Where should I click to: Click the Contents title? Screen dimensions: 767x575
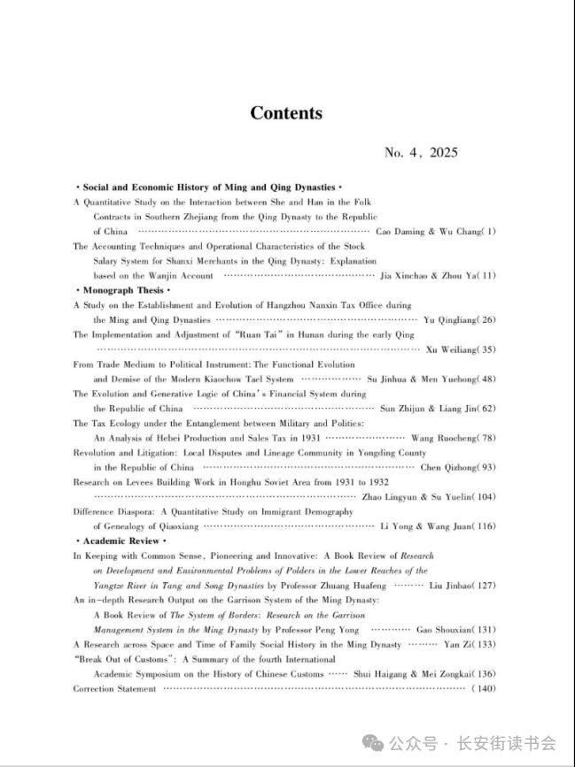tap(286, 113)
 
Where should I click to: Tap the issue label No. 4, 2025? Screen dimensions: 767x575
tap(421, 153)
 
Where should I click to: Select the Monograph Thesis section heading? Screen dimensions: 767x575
tap(122, 289)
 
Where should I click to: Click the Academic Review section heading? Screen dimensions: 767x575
tap(120, 541)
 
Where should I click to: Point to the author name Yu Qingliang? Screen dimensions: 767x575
tap(450, 319)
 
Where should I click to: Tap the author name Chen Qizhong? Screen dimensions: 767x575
tap(448, 467)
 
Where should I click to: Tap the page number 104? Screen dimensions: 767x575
tap(485, 497)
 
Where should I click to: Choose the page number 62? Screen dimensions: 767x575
tap(487, 409)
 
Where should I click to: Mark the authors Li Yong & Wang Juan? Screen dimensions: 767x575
tap(427, 526)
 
